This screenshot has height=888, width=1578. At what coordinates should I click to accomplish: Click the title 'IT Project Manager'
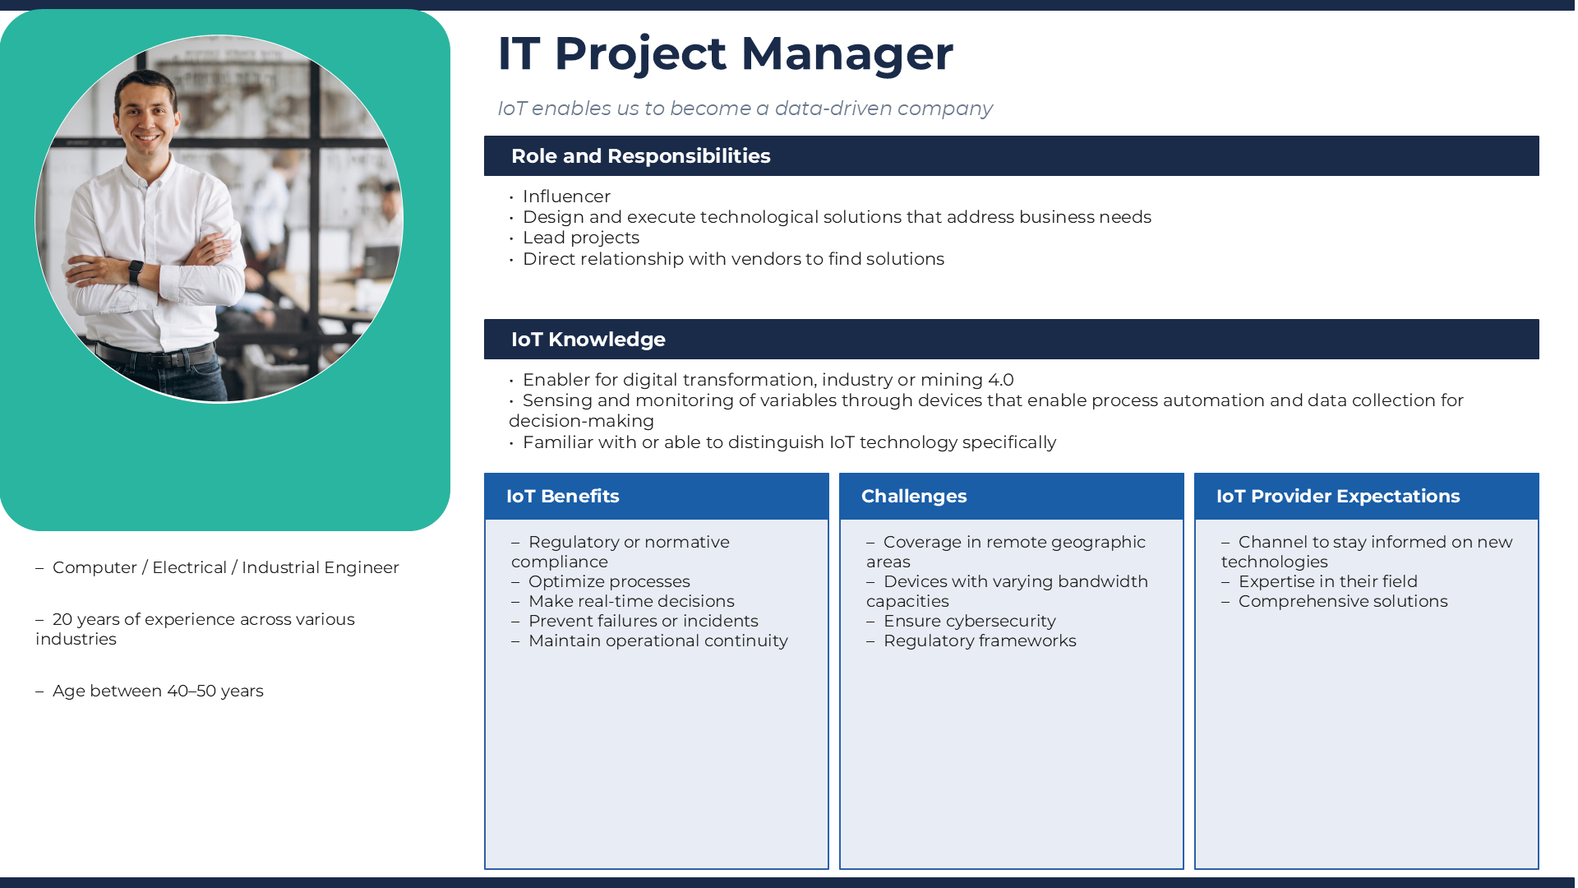pyautogui.click(x=725, y=53)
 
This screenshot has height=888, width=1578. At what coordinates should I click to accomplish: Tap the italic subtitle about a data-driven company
pyautogui.click(x=745, y=109)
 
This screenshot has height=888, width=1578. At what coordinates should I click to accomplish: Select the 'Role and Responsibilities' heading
pyautogui.click(x=640, y=156)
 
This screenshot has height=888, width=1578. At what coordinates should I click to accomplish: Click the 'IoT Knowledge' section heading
pyautogui.click(x=588, y=340)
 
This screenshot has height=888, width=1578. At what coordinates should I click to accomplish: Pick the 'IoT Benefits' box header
pyautogui.click(x=562, y=497)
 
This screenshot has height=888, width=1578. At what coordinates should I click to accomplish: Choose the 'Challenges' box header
pyautogui.click(x=913, y=497)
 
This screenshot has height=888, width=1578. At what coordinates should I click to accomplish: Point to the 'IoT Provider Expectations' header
pyautogui.click(x=1337, y=497)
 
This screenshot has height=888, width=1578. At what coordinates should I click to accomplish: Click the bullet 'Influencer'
pyautogui.click(x=566, y=197)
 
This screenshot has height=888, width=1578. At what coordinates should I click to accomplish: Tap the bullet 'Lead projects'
pyautogui.click(x=580, y=238)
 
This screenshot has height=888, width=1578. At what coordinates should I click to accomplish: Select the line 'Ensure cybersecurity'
pyautogui.click(x=969, y=621)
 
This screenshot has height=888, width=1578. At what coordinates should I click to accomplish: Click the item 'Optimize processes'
pyautogui.click(x=609, y=581)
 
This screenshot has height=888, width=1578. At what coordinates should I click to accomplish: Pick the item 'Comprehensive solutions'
pyautogui.click(x=1342, y=601)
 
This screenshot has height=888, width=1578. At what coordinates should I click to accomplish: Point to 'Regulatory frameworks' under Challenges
pyautogui.click(x=979, y=641)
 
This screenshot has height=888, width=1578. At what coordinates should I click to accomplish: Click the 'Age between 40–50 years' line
pyautogui.click(x=158, y=691)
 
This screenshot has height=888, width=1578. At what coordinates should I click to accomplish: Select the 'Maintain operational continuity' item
pyautogui.click(x=657, y=641)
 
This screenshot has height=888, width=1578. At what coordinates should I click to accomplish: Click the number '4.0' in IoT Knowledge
pyautogui.click(x=1000, y=380)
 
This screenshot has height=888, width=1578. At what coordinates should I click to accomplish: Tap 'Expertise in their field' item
pyautogui.click(x=1327, y=581)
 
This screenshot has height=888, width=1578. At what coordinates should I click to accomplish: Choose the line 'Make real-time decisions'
pyautogui.click(x=631, y=601)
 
